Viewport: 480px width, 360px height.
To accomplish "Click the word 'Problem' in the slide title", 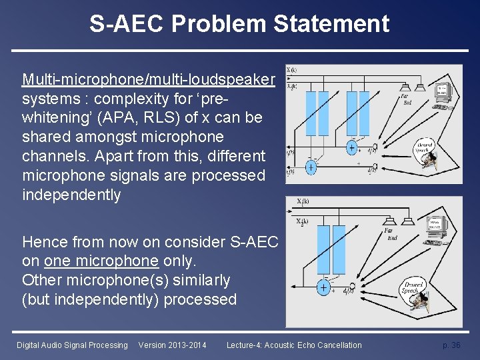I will coord(219,24).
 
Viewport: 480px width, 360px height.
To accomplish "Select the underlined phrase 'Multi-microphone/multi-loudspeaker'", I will coord(149,80).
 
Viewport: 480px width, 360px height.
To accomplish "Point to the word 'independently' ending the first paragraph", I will coord(71,195).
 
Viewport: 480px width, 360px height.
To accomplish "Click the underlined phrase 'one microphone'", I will coord(101,261).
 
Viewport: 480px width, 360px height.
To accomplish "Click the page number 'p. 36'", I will coord(451,345).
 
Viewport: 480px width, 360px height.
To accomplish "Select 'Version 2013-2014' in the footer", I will coord(172,345).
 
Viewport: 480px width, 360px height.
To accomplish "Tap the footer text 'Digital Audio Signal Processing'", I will coord(72,345).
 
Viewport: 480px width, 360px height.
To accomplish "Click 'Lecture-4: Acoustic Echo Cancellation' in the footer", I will coord(294,345).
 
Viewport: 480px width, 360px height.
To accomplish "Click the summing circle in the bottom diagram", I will coord(323,288).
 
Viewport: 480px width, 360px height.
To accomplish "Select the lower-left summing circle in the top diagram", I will coord(311,168).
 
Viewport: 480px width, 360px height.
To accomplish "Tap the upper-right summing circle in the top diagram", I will coord(351,148).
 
